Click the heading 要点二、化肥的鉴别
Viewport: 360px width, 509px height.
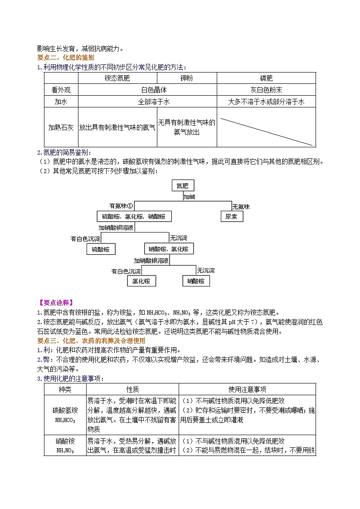(x=65, y=58)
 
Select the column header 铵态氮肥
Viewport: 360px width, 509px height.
(x=117, y=78)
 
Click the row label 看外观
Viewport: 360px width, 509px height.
(x=61, y=90)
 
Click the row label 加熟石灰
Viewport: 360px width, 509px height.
(x=61, y=127)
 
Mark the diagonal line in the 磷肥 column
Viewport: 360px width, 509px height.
(x=266, y=132)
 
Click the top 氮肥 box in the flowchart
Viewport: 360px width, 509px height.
(x=183, y=186)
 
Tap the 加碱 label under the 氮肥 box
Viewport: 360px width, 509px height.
(x=190, y=197)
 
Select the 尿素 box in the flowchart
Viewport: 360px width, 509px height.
(x=231, y=217)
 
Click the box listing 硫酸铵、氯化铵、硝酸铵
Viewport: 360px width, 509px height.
(x=134, y=217)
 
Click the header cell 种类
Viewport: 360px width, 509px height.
(x=65, y=389)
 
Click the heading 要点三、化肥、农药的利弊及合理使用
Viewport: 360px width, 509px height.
(x=91, y=340)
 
